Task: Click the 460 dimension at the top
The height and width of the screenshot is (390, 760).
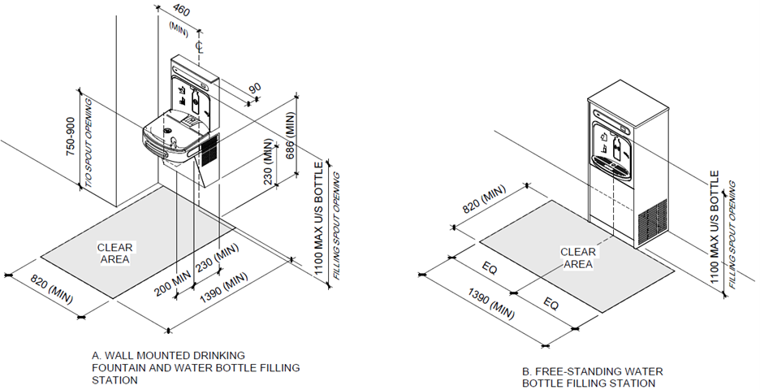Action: click(181, 11)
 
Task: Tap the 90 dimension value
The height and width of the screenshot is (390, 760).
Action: click(255, 88)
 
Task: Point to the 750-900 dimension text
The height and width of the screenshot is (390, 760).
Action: click(71, 136)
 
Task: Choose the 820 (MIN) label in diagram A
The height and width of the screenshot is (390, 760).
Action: click(52, 289)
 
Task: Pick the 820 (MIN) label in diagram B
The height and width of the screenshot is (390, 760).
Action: click(484, 199)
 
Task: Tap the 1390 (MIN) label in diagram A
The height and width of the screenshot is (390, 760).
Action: click(224, 287)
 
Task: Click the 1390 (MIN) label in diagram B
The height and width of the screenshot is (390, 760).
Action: click(491, 304)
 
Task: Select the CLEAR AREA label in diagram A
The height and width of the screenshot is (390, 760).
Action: click(114, 253)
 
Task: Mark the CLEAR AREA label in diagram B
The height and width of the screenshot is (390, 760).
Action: click(578, 258)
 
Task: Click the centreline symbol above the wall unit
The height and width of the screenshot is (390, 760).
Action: click(198, 46)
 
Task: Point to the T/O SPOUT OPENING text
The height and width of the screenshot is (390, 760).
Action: click(89, 144)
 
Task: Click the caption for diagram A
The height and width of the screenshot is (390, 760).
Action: click(196, 368)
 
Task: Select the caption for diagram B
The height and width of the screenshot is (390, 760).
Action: click(592, 377)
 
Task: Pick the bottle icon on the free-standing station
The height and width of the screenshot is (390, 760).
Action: click(618, 147)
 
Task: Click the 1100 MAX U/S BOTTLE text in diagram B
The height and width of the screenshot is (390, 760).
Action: click(715, 227)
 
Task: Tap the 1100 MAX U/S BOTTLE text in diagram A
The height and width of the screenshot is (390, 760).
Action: click(318, 219)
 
